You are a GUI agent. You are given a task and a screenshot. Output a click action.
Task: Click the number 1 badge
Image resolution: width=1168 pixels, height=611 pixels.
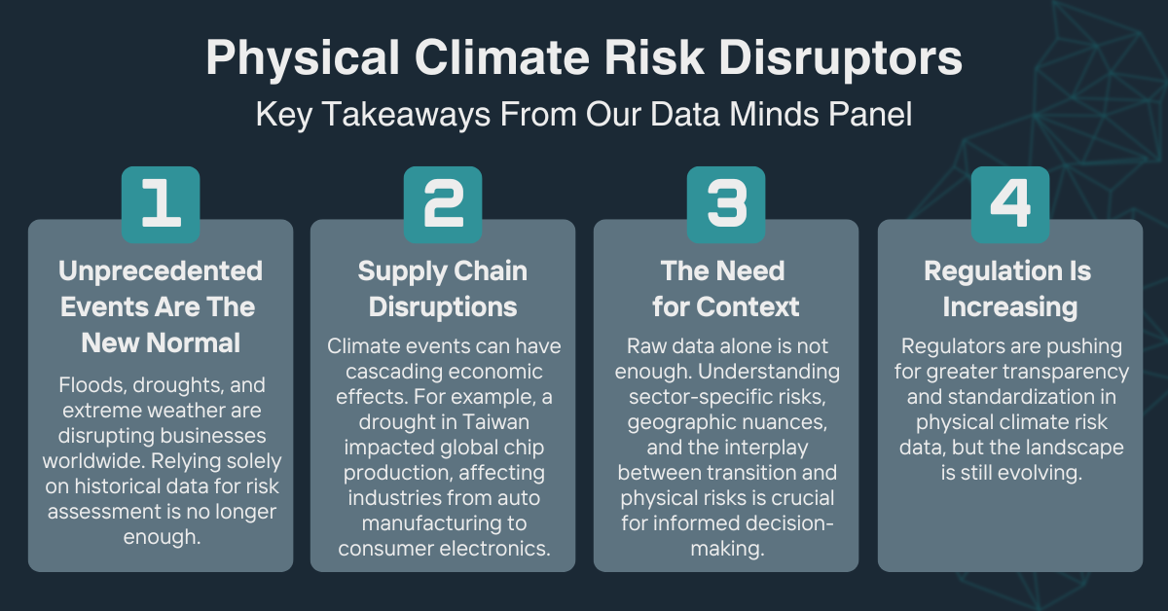pos(161,204)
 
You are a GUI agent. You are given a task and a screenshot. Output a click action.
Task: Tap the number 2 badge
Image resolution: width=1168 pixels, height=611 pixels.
pos(443,204)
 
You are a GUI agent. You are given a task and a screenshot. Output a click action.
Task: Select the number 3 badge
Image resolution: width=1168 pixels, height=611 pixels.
pos(726,204)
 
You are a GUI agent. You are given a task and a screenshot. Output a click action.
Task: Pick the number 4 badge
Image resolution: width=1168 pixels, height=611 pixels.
pos(1009,204)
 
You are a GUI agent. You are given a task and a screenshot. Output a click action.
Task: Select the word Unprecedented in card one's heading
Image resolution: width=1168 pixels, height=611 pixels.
pos(161,270)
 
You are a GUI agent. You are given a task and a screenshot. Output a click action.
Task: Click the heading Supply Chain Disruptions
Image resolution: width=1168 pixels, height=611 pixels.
pos(443,289)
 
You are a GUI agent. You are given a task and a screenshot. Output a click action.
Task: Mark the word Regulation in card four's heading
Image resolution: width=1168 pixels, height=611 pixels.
pos(981,270)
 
